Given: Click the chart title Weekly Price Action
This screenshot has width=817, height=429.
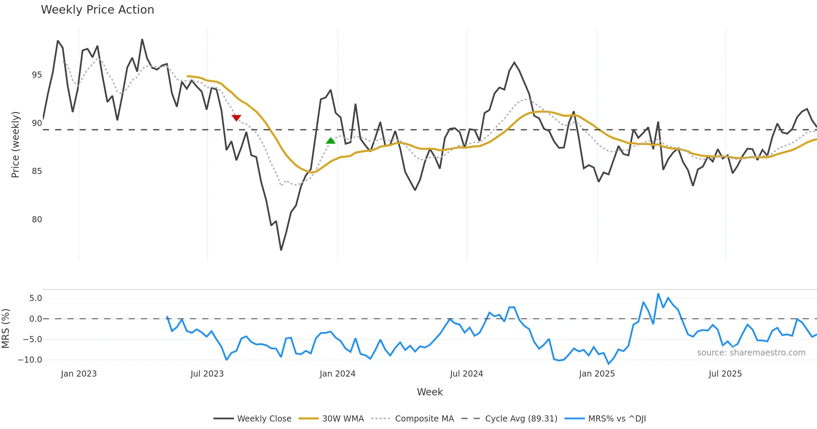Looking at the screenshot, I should coord(97,10).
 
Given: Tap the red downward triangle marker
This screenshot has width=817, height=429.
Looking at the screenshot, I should coord(236,118).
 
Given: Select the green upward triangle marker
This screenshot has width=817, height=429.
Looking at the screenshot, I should coord(331,141).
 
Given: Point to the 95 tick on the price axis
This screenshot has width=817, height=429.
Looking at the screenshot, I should coord(37,75).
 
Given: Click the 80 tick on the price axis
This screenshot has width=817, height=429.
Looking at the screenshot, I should coord(37,220).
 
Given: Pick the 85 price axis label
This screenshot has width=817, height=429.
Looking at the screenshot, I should coord(37,171).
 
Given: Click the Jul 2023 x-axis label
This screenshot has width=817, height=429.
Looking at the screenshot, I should coord(207,374).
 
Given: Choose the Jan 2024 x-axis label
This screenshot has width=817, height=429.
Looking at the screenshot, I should coord(337,374).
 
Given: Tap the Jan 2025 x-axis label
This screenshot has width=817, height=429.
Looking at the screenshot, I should coord(597,374).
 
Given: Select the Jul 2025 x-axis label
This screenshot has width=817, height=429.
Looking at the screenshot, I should coord(725,374).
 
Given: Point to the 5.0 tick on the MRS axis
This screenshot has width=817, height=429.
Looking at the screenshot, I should coord(35,298).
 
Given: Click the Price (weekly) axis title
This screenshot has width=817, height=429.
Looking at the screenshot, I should coord(16,145).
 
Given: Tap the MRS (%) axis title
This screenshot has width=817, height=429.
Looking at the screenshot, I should coord(6,329).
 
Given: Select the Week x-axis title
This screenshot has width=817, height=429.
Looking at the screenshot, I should coord(430,392).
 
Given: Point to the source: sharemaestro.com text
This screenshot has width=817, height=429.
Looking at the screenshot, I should coord(751,353).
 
